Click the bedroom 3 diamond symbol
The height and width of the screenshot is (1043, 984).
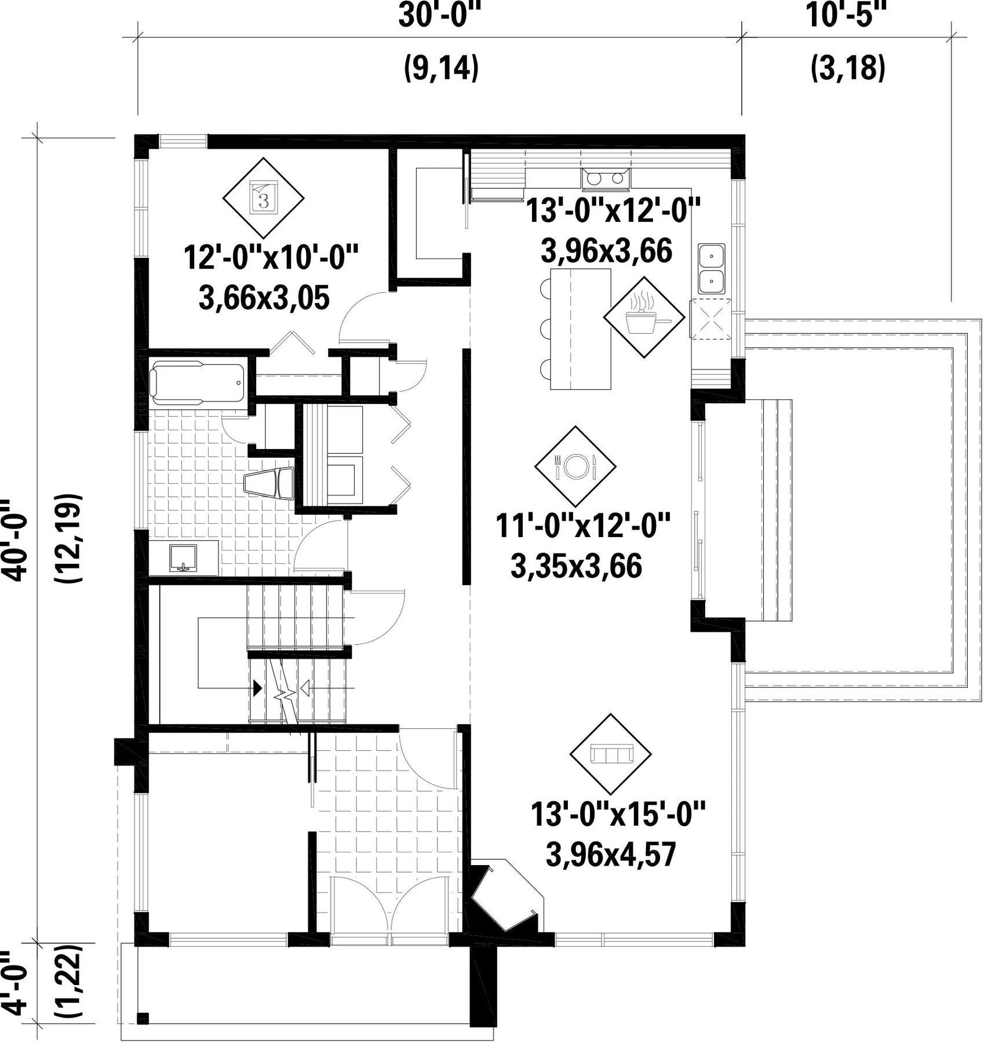pyautogui.click(x=264, y=198)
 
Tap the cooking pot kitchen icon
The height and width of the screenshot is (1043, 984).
pyautogui.click(x=644, y=317)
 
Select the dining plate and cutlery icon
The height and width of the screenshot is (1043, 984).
pyautogui.click(x=575, y=466)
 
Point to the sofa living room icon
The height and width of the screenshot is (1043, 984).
pyautogui.click(x=611, y=754)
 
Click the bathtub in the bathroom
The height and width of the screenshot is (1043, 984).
pyautogui.click(x=198, y=382)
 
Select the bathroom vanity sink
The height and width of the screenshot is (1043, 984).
pyautogui.click(x=184, y=558)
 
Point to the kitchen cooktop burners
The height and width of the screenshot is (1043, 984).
pyautogui.click(x=605, y=178)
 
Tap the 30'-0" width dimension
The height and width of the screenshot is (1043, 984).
pyautogui.click(x=440, y=16)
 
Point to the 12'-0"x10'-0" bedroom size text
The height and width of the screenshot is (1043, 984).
pyautogui.click(x=271, y=257)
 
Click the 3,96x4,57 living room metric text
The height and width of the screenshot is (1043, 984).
pyautogui.click(x=611, y=855)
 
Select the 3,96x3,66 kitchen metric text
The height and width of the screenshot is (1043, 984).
pyautogui.click(x=606, y=251)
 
